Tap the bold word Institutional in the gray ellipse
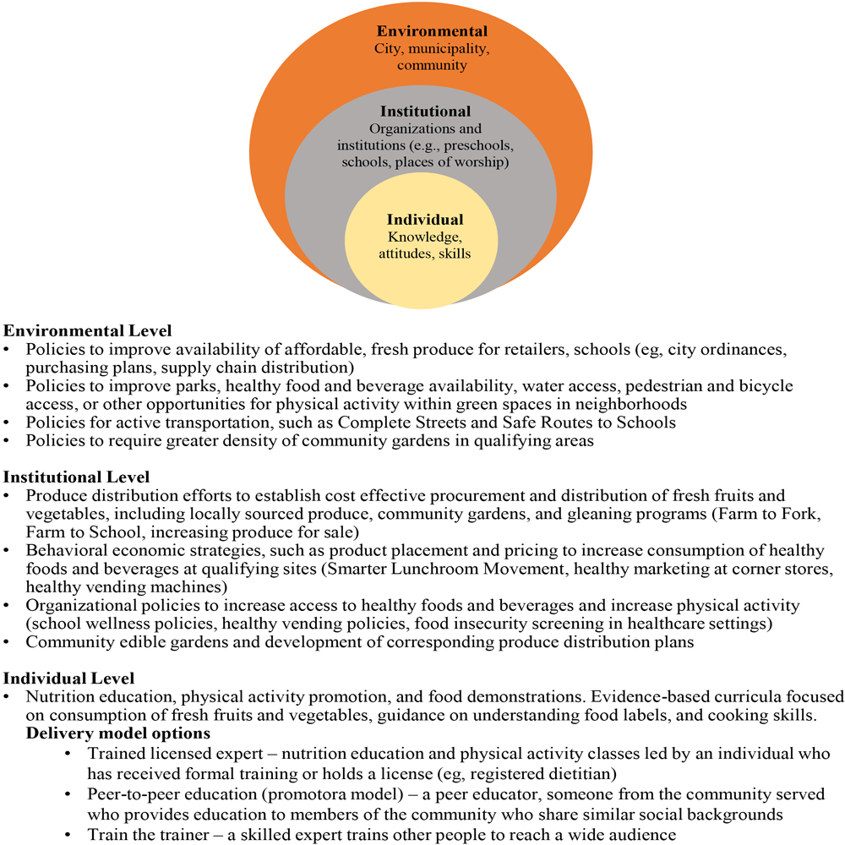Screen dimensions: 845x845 tap(425, 112)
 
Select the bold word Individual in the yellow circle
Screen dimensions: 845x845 tap(425, 220)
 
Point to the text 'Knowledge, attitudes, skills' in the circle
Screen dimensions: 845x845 tap(425, 245)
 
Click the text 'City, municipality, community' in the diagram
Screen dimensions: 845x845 tap(432, 57)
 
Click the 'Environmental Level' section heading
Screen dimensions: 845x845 tap(88, 330)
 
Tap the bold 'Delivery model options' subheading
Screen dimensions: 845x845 tap(118, 733)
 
